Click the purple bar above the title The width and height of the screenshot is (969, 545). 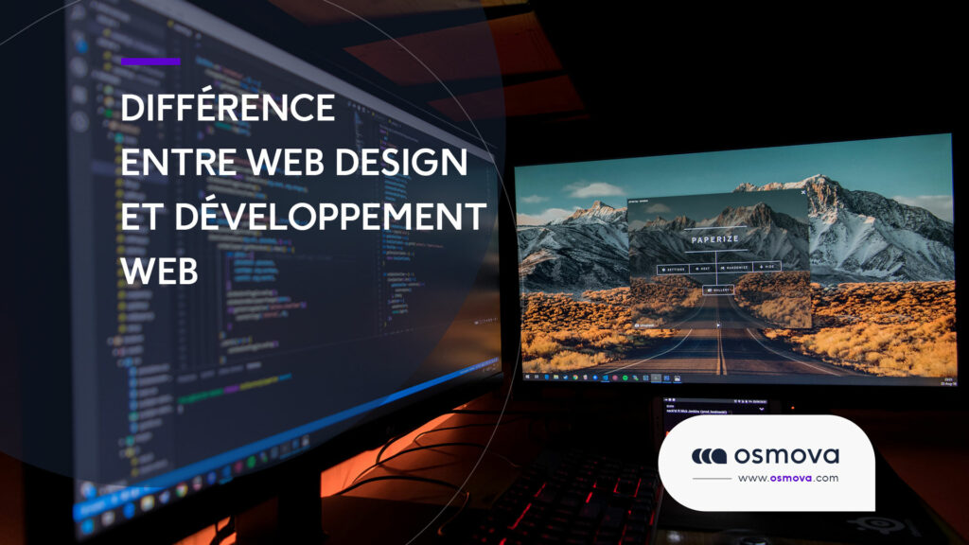[x=150, y=62]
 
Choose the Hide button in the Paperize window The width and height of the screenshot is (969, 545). [x=766, y=268]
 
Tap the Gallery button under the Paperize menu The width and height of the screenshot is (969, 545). [x=719, y=290]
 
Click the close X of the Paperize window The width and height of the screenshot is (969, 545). [x=804, y=192]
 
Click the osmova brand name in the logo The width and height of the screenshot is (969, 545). [x=785, y=455]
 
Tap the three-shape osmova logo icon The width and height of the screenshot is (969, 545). [x=708, y=456]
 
